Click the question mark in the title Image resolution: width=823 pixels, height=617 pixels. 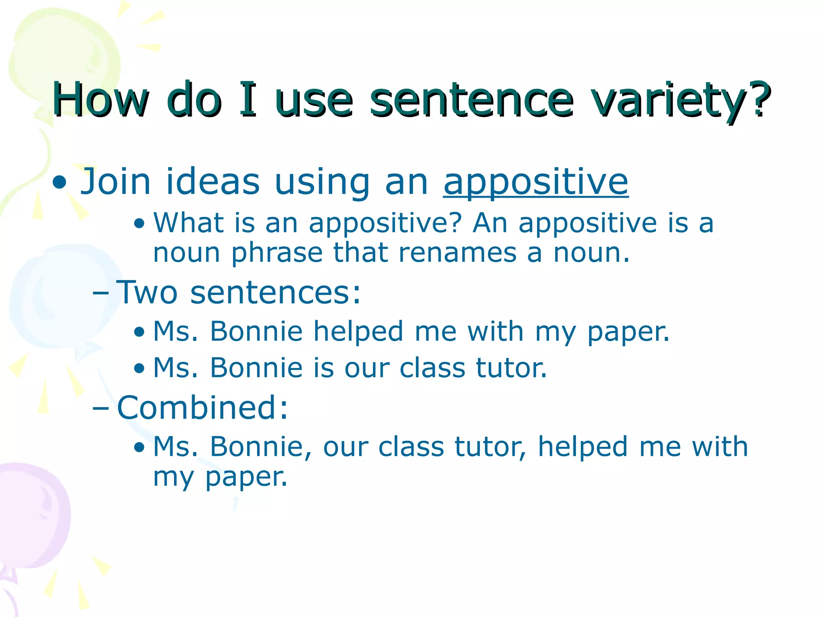pos(760,98)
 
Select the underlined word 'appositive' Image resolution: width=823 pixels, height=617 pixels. pos(536,183)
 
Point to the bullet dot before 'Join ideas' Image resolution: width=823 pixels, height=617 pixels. pos(60,183)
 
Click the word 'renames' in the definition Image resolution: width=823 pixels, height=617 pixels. pos(457,253)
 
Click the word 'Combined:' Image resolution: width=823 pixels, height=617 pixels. pos(203,408)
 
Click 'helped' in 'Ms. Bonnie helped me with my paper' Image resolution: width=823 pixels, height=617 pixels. pos(358,332)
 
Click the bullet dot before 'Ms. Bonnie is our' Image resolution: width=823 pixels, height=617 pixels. pos(139,368)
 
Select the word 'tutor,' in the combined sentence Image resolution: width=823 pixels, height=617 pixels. pos(490,447)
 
